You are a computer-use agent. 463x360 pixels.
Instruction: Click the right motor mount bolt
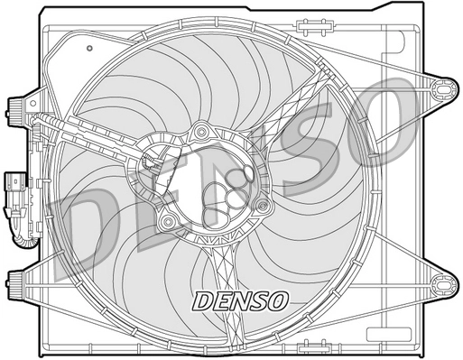[262, 205]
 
